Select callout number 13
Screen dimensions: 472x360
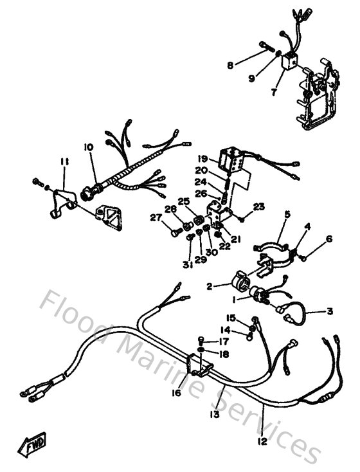point(214,415)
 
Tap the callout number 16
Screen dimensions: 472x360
point(177,393)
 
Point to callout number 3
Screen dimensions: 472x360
point(329,311)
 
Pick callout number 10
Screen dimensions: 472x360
point(88,147)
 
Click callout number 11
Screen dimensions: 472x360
point(64,161)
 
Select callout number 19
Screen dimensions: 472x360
point(203,158)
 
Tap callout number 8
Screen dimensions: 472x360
point(230,64)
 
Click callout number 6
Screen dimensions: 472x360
point(329,239)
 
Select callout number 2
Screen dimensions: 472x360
point(210,287)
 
